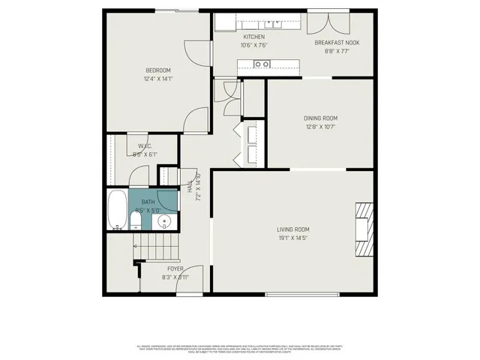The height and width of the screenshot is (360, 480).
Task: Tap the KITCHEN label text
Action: point(254,37)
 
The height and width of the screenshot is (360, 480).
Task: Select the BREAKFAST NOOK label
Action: point(337,43)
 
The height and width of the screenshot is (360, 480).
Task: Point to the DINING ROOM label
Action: point(320,118)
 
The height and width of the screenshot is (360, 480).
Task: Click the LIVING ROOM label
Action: point(292,229)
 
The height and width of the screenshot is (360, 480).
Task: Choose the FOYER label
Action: point(174,268)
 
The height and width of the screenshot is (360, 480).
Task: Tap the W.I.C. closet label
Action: point(145,145)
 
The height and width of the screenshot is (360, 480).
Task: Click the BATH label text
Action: point(148,202)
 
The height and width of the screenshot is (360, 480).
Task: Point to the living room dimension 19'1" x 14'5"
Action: point(292,238)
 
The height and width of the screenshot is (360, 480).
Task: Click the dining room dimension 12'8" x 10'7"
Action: point(320,127)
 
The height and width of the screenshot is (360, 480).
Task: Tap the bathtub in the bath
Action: point(116,211)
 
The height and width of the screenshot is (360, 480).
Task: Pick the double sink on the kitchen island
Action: point(262,64)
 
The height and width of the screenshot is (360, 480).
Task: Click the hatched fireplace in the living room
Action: point(364,229)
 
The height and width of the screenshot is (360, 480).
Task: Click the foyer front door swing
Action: point(193,279)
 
